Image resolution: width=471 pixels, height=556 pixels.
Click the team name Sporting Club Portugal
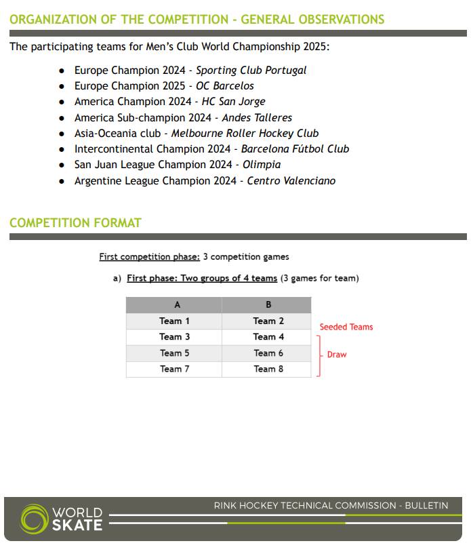251,71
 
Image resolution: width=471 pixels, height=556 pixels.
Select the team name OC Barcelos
224,86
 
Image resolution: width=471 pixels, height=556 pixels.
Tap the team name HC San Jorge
233,102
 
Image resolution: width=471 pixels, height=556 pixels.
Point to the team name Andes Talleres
257,118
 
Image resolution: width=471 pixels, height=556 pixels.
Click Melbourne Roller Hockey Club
245,134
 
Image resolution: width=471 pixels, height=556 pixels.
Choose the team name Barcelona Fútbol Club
295,149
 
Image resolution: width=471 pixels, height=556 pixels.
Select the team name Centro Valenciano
291,181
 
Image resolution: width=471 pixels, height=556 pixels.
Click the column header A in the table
177,305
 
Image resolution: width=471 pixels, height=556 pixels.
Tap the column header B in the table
268,305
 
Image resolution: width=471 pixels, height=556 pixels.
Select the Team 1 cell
175,321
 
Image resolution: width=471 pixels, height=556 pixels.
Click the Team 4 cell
268,337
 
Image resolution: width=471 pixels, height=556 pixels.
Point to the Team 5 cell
175,353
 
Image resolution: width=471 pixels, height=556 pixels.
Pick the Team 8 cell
268,370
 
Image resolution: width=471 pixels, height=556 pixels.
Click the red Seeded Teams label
346,327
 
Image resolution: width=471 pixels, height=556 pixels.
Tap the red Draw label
336,355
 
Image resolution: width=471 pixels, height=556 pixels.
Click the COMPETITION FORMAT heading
75,223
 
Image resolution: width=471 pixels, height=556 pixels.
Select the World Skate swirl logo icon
34,519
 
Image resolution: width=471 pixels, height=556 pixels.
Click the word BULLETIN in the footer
426,506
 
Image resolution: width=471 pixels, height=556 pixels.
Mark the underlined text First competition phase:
149,257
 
